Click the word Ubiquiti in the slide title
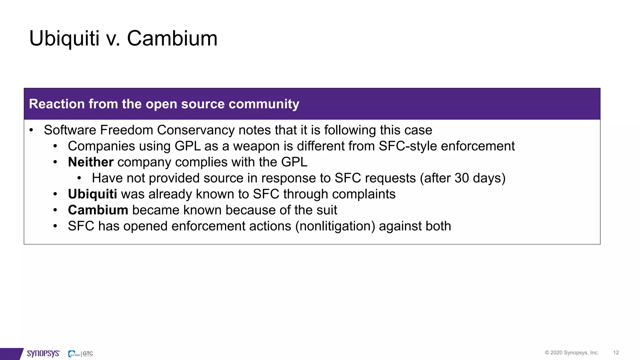tap(64, 39)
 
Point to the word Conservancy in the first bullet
tap(196, 130)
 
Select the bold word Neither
tap(91, 162)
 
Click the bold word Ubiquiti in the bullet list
tap(92, 194)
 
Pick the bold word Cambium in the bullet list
tap(98, 210)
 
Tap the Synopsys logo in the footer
tap(43, 353)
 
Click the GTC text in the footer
tap(88, 353)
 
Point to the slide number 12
tap(616, 352)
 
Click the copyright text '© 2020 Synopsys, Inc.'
tap(572, 352)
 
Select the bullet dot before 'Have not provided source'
tap(79, 178)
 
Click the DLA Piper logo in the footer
tap(74, 354)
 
